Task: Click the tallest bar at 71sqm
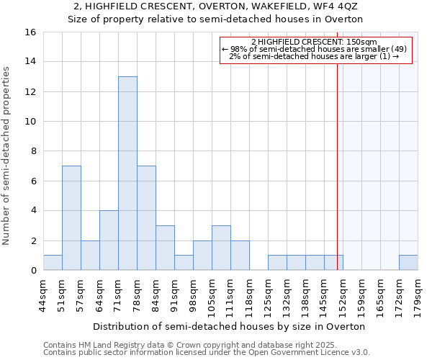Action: [127, 174]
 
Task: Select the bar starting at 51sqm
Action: [71, 218]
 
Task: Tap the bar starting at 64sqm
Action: [109, 240]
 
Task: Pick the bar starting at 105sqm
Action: [221, 248]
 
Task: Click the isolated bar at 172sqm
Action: [408, 263]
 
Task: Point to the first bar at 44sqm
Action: [53, 263]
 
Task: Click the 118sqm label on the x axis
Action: [249, 294]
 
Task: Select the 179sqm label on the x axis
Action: [418, 294]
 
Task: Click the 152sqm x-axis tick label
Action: [343, 294]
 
